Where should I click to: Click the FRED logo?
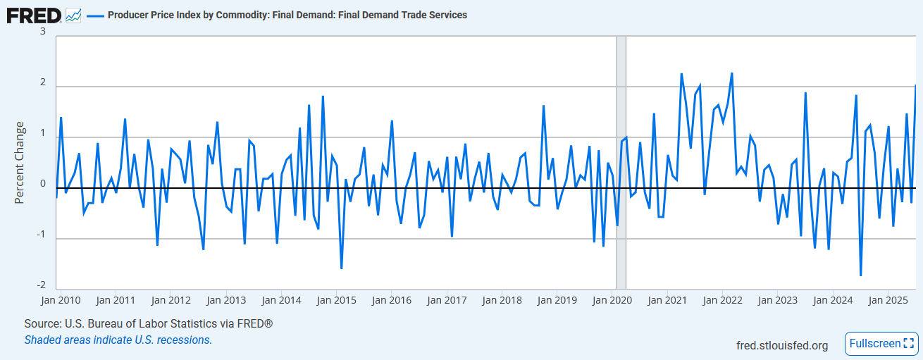33,14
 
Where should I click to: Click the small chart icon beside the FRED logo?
73,15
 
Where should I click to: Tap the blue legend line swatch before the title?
95,15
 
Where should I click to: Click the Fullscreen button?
881,344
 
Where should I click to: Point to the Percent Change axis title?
20,163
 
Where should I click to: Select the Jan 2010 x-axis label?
60,300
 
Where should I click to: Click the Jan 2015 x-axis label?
336,300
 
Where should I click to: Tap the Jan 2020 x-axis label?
612,300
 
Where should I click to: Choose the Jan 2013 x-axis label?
225,300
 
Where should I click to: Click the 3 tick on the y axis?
43,32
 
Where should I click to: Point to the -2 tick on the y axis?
42,285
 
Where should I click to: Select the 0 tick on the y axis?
43,184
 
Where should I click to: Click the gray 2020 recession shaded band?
621,162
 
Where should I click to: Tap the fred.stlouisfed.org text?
781,345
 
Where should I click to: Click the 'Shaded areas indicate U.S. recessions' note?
118,340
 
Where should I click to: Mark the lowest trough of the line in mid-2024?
861,275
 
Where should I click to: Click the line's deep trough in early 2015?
342,268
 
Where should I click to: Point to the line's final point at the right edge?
915,85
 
